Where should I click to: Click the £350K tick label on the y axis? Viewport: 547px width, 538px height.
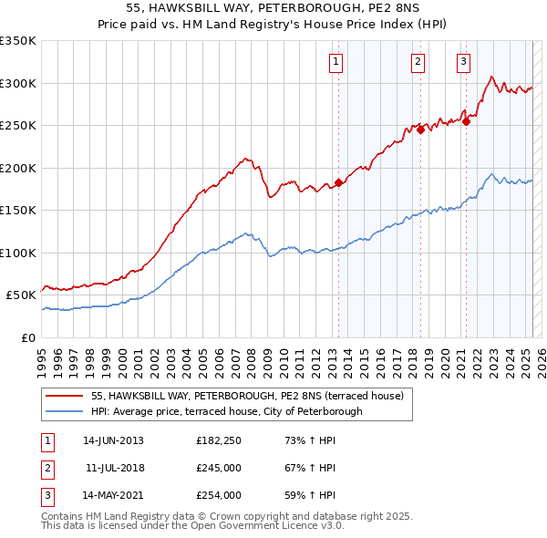pyautogui.click(x=18, y=41)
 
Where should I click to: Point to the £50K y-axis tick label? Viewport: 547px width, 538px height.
pyautogui.click(x=21, y=295)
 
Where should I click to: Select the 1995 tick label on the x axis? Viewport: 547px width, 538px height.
pyautogui.click(x=42, y=356)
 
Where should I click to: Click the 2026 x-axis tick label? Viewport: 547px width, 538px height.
pyautogui.click(x=541, y=356)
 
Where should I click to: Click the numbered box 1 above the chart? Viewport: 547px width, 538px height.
pyautogui.click(x=336, y=62)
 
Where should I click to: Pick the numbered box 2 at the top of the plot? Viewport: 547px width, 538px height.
pyautogui.click(x=418, y=62)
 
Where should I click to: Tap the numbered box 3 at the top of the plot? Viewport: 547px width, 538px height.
pyautogui.click(x=463, y=62)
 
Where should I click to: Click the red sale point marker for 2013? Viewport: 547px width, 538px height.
pyautogui.click(x=338, y=182)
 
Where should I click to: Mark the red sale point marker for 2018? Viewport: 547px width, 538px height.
pyautogui.click(x=420, y=129)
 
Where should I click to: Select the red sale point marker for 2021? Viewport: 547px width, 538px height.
pyautogui.click(x=466, y=120)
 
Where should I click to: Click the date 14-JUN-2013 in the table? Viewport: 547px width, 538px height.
pyautogui.click(x=113, y=440)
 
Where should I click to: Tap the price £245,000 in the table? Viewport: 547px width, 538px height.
pyautogui.click(x=218, y=468)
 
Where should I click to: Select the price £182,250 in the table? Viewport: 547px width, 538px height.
pyautogui.click(x=218, y=440)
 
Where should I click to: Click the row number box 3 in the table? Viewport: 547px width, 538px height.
pyautogui.click(x=46, y=495)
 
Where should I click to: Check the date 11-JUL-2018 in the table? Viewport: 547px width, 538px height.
pyautogui.click(x=113, y=468)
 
